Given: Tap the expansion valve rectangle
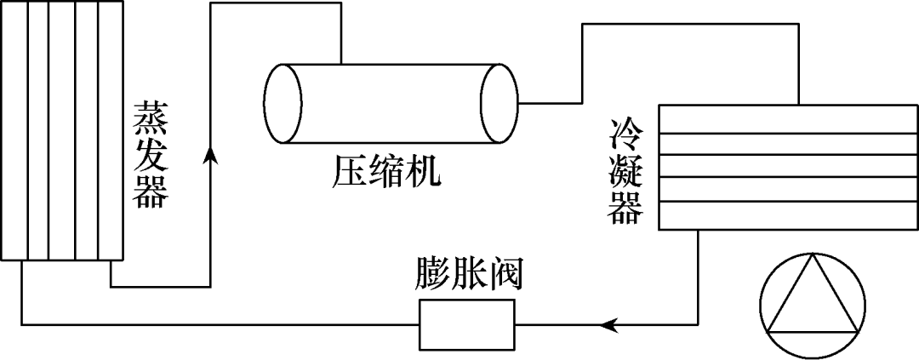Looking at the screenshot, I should [x=467, y=324].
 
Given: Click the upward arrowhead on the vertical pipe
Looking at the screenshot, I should [x=210, y=154].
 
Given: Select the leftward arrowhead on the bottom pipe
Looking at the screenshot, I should [x=608, y=324].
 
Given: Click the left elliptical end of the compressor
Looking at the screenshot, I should [x=283, y=103].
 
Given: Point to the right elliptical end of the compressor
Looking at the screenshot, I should [x=499, y=103].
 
